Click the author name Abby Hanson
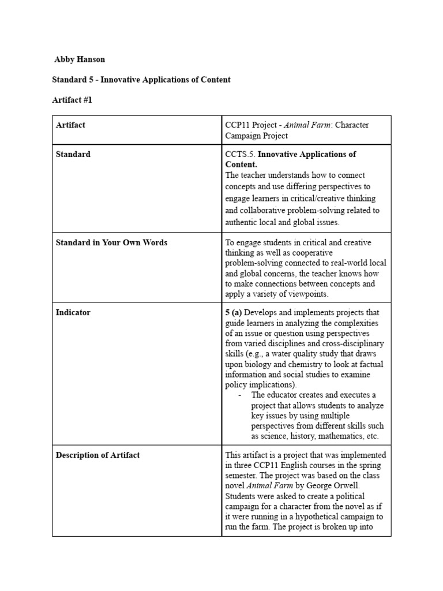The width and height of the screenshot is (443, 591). pyautogui.click(x=80, y=59)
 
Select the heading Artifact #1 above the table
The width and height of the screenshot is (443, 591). pyautogui.click(x=72, y=100)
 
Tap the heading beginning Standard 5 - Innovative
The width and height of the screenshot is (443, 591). pyautogui.click(x=141, y=80)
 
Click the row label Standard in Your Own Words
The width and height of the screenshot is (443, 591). pyautogui.click(x=111, y=242)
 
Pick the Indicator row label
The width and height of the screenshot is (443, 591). pyautogui.click(x=73, y=312)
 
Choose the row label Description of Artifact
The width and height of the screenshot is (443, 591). pyautogui.click(x=97, y=455)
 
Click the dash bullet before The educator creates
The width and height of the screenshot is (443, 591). pyautogui.click(x=239, y=395)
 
